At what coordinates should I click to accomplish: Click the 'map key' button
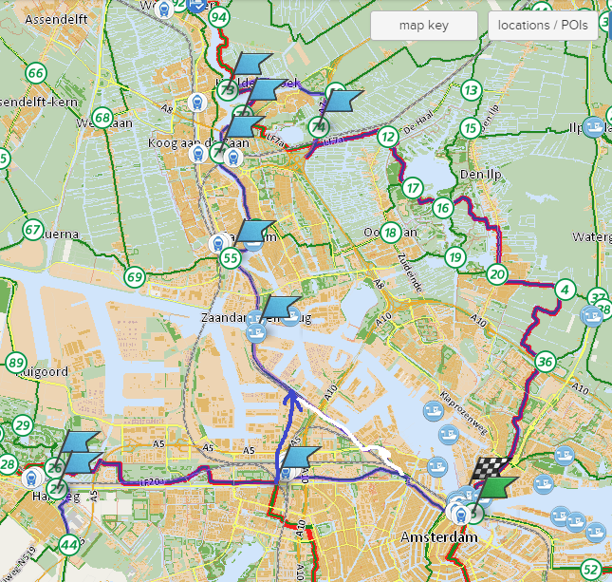[x=423, y=26]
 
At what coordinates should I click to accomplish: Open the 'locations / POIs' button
[x=543, y=26]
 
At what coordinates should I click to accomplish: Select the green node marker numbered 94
[x=220, y=17]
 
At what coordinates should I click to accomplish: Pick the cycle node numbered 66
[x=36, y=73]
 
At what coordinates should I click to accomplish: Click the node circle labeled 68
[x=102, y=119]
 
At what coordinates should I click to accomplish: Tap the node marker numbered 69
[x=134, y=277]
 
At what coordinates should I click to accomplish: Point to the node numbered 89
[x=15, y=362]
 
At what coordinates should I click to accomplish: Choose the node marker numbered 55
[x=230, y=257]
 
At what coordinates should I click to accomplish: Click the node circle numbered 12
[x=386, y=138]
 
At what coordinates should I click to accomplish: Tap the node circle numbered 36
[x=545, y=361]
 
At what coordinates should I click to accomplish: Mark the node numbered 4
[x=566, y=290]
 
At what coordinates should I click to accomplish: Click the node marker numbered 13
[x=471, y=91]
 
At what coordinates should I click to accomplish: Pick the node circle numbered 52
[x=591, y=570]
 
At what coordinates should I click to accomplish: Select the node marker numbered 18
[x=390, y=231]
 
